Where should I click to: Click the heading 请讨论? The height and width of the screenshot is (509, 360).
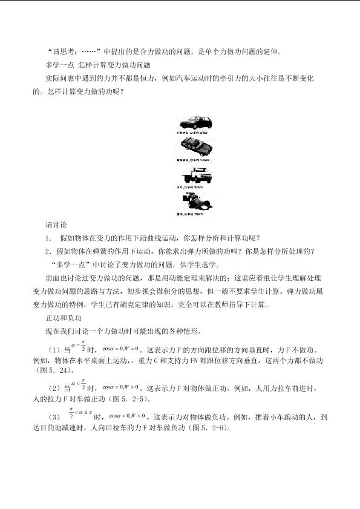tap(58, 224)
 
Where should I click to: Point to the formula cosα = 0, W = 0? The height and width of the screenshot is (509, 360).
tap(121, 349)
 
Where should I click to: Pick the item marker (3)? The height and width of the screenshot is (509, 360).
tap(54, 418)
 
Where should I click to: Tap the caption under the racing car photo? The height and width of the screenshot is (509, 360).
tap(192, 214)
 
